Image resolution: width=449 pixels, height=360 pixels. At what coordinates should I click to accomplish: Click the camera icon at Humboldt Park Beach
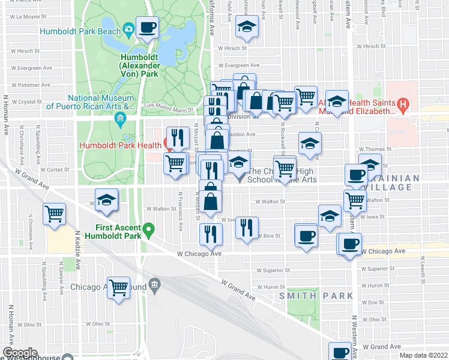click(128, 29)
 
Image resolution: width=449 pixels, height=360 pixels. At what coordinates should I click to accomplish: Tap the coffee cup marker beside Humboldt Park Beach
click(147, 26)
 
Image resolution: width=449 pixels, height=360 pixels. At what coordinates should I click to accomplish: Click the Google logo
click(20, 353)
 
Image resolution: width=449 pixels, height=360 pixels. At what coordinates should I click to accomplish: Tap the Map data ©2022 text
click(423, 355)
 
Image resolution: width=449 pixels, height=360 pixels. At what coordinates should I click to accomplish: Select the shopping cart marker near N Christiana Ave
click(54, 214)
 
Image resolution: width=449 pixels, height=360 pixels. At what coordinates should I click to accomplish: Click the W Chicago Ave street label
click(199, 254)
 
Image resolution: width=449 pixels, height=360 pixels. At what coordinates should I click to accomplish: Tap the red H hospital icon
click(403, 106)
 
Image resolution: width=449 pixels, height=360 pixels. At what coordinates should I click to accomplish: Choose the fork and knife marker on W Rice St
click(247, 227)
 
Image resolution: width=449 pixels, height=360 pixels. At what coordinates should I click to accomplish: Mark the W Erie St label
click(375, 302)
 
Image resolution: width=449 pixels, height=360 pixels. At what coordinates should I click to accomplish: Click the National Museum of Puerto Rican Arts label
click(100, 102)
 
